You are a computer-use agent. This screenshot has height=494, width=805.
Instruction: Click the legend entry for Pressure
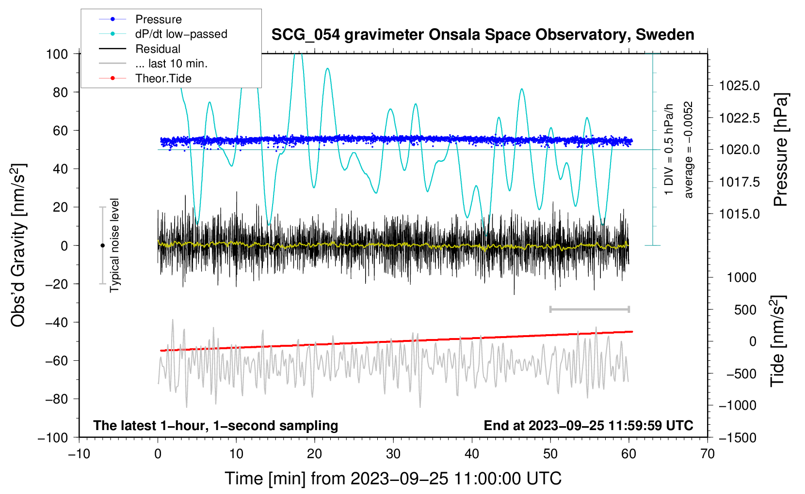(141, 19)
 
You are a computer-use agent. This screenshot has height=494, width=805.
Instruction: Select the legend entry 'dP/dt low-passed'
(163, 34)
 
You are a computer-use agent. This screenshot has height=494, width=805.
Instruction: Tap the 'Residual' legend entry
(140, 48)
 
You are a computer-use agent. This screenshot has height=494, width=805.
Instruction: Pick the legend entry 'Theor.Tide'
(145, 78)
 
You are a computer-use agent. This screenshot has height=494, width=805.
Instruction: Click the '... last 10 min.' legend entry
(153, 63)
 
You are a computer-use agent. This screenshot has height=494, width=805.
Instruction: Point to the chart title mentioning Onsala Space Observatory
(483, 35)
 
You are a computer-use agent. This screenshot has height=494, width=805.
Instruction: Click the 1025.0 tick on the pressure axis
(739, 86)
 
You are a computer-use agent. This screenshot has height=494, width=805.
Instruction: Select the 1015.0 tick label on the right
(739, 214)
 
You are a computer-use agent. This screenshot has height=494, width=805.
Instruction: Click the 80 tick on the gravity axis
(60, 93)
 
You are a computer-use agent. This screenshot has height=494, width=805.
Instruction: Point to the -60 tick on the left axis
(56, 360)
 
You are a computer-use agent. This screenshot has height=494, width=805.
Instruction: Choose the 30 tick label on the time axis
(393, 454)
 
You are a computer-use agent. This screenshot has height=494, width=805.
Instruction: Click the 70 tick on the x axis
(707, 454)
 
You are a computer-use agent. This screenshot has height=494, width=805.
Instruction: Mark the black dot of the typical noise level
(102, 246)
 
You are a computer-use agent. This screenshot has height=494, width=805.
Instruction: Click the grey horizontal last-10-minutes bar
(589, 309)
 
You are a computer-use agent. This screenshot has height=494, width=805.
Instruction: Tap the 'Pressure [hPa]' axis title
(781, 150)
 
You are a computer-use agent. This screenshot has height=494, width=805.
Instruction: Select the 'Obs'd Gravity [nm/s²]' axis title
(18, 246)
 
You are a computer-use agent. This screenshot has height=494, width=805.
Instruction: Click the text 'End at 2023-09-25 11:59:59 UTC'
(588, 425)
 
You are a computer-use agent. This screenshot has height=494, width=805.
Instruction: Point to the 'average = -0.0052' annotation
(688, 150)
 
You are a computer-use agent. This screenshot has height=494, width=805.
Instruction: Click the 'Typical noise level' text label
(114, 246)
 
